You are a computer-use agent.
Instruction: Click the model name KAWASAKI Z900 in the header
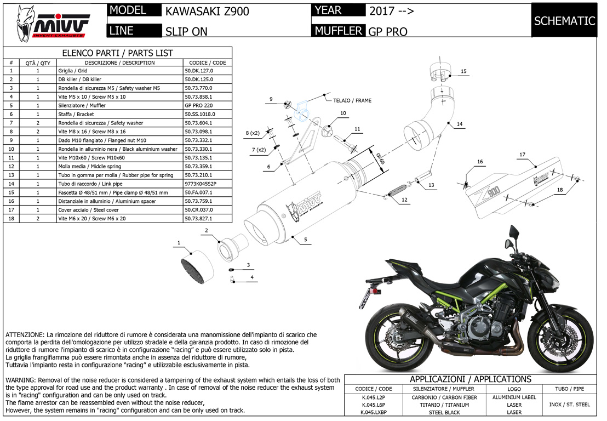(x=207, y=11)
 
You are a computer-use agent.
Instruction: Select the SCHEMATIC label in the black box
(x=564, y=21)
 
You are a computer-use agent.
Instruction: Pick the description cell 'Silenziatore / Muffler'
(x=82, y=105)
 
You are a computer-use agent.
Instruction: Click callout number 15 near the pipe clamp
(x=463, y=71)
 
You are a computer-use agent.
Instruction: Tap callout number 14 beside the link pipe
(x=460, y=124)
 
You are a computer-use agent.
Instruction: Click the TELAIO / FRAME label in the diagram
(x=356, y=101)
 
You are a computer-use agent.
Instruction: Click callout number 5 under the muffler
(x=305, y=239)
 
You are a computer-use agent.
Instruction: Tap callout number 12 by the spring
(x=404, y=200)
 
